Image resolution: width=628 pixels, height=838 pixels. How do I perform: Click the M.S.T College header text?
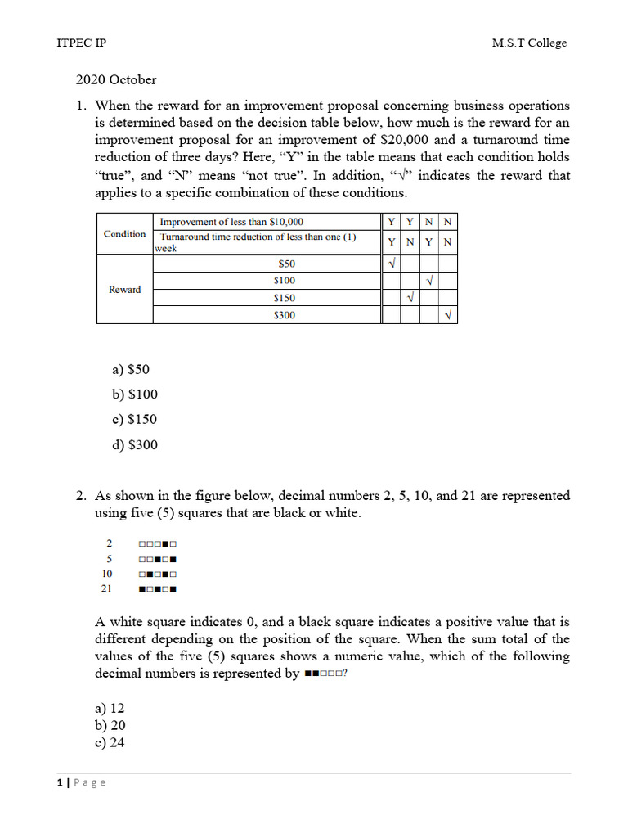coord(529,43)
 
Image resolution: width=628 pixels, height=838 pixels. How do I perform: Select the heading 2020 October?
coord(116,80)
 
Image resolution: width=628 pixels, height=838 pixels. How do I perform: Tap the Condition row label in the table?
coord(124,234)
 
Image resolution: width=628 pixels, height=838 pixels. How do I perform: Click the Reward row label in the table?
coord(124,290)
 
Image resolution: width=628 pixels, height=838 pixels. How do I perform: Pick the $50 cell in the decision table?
coord(286,264)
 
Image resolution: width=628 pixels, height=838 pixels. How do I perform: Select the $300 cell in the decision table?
coord(284,315)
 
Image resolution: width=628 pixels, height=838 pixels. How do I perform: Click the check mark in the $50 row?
coord(392,264)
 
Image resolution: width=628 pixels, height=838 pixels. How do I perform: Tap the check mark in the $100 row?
coord(429,281)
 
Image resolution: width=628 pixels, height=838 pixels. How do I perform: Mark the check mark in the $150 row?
coord(410,298)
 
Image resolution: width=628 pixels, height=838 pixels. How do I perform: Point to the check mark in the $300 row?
coord(448,315)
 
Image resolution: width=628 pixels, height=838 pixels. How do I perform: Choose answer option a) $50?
coord(131,369)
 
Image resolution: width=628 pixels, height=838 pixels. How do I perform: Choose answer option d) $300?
coord(135,445)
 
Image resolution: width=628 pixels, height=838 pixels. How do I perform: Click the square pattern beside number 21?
coord(159,588)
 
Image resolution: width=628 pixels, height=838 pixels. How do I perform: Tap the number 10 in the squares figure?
coord(107,574)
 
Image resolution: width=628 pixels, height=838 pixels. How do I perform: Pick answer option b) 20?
coord(110,726)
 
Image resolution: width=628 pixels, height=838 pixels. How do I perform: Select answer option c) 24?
coord(110,743)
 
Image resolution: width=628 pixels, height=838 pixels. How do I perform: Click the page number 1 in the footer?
coord(61,782)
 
